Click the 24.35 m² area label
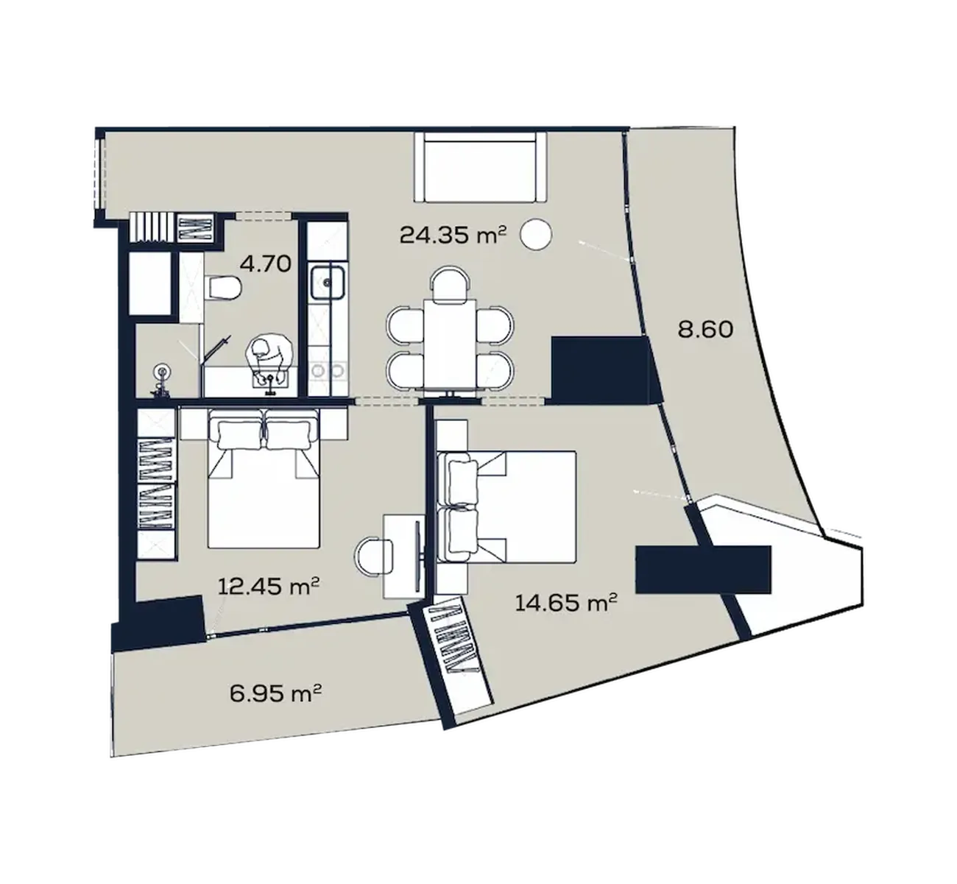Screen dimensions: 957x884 click(453, 235)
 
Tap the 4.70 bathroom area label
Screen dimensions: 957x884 click(266, 264)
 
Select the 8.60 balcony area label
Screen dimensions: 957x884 click(705, 330)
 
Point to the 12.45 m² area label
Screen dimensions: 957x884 click(269, 587)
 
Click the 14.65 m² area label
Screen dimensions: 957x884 click(566, 603)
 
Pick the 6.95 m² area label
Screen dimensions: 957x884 click(276, 694)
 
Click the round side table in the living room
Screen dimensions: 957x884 click(536, 234)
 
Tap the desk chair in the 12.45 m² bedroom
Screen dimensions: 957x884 click(375, 556)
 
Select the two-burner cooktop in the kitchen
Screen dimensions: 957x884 click(328, 370)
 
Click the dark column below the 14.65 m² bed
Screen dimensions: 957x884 click(704, 569)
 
